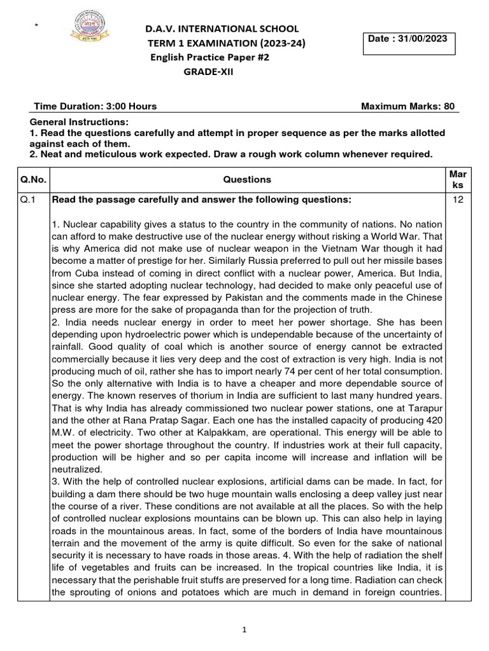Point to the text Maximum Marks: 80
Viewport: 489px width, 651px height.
click(x=407, y=106)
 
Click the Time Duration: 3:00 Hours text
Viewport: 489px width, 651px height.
click(x=94, y=106)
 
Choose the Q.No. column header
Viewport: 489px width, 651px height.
click(x=34, y=179)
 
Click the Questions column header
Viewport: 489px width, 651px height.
click(x=247, y=179)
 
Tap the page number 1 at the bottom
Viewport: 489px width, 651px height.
click(x=244, y=630)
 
